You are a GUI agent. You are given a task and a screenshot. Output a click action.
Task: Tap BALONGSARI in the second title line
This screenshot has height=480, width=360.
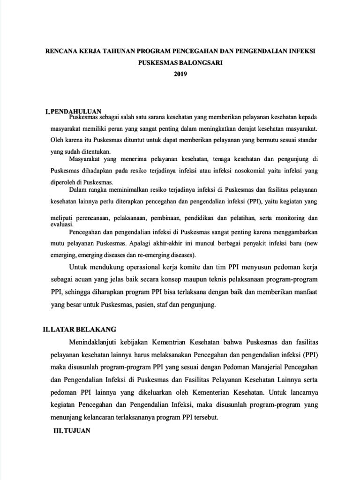click(x=202, y=62)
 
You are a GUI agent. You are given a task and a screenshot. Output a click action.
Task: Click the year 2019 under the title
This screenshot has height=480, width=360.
click(x=180, y=74)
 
